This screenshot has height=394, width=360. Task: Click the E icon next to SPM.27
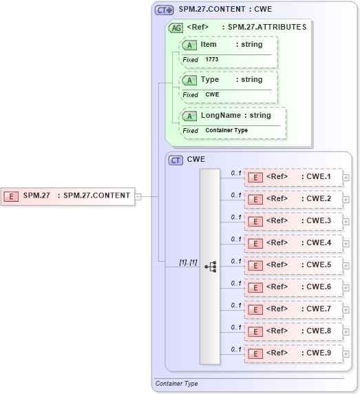click(12, 196)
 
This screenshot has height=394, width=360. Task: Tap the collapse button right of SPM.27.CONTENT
click(138, 196)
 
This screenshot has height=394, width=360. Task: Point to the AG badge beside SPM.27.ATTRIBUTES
click(176, 28)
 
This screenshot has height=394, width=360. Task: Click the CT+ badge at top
click(164, 10)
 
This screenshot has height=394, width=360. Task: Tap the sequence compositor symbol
click(210, 266)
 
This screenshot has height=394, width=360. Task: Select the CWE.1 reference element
click(294, 177)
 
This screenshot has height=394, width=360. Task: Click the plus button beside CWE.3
click(346, 222)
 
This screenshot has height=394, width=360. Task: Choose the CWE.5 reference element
click(294, 265)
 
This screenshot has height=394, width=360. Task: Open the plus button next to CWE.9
click(346, 354)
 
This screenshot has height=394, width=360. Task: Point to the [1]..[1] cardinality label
click(188, 262)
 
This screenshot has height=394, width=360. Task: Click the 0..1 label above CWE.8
click(236, 327)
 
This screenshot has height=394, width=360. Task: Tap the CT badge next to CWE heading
click(176, 160)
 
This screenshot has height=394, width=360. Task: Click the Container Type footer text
click(177, 384)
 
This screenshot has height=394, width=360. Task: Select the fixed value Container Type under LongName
click(226, 130)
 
